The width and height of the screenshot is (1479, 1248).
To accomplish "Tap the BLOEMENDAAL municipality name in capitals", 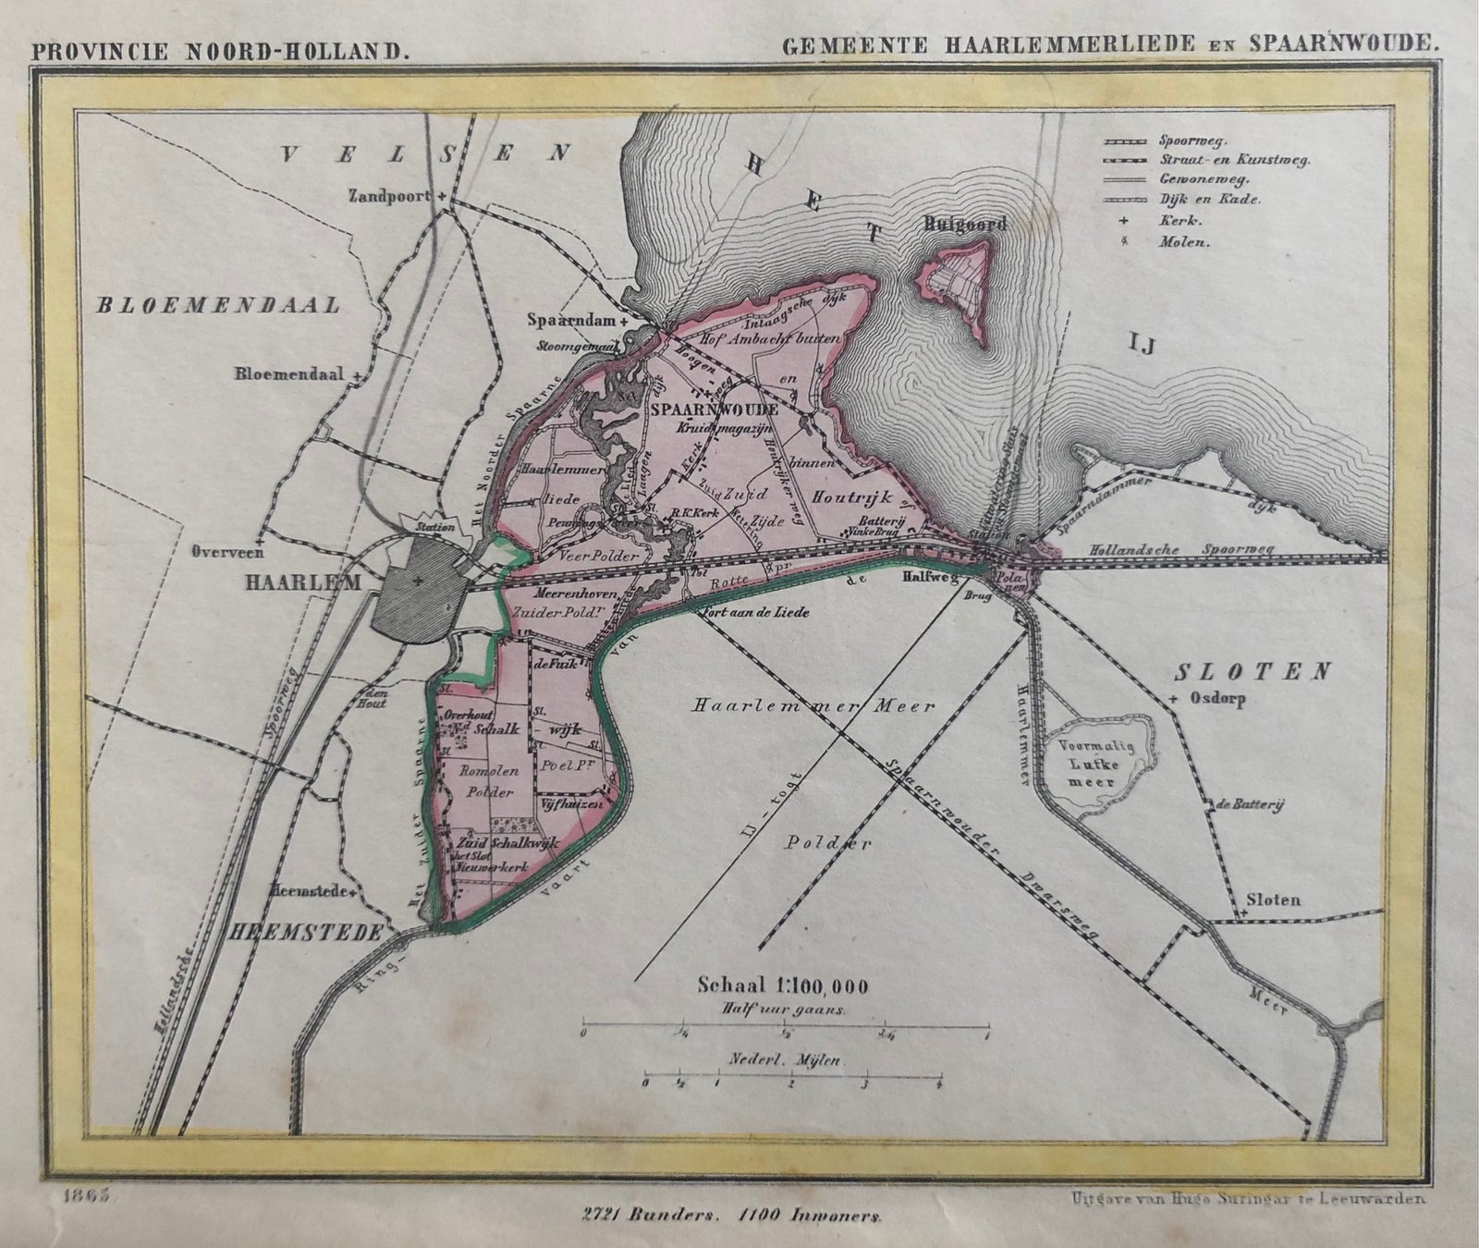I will point(218,305).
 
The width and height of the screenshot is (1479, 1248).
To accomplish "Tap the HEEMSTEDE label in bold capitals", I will point(314,934).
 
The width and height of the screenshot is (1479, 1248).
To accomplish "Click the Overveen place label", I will point(228,552).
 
